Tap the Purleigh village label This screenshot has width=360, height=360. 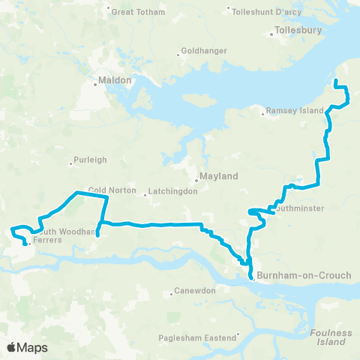click(x=90, y=160)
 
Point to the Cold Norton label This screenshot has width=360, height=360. click(x=112, y=190)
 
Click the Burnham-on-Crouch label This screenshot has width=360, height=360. click(x=304, y=275)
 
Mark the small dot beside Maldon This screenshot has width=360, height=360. click(x=95, y=84)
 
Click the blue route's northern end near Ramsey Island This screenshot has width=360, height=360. click(x=335, y=81)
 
